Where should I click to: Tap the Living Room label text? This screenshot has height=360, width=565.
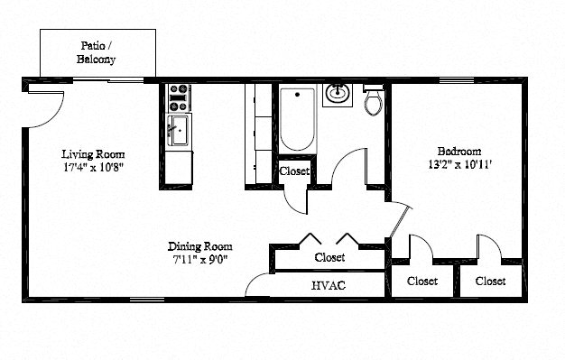click(x=93, y=153)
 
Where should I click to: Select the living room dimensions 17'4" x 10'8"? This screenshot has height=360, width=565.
click(x=93, y=167)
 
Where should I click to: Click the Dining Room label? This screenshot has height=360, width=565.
click(x=199, y=246)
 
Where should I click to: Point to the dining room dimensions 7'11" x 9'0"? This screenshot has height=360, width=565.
click(x=199, y=260)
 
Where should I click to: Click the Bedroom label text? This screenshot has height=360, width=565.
click(x=458, y=151)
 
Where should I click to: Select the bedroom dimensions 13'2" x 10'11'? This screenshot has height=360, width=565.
click(x=458, y=164)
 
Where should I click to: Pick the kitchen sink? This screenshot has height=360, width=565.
click(x=178, y=130)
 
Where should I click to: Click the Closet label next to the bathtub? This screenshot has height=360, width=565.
click(x=294, y=171)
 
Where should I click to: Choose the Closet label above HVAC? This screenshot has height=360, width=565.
click(x=329, y=257)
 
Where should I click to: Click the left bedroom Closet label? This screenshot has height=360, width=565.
click(x=421, y=281)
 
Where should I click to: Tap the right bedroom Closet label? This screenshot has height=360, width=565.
click(x=490, y=281)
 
